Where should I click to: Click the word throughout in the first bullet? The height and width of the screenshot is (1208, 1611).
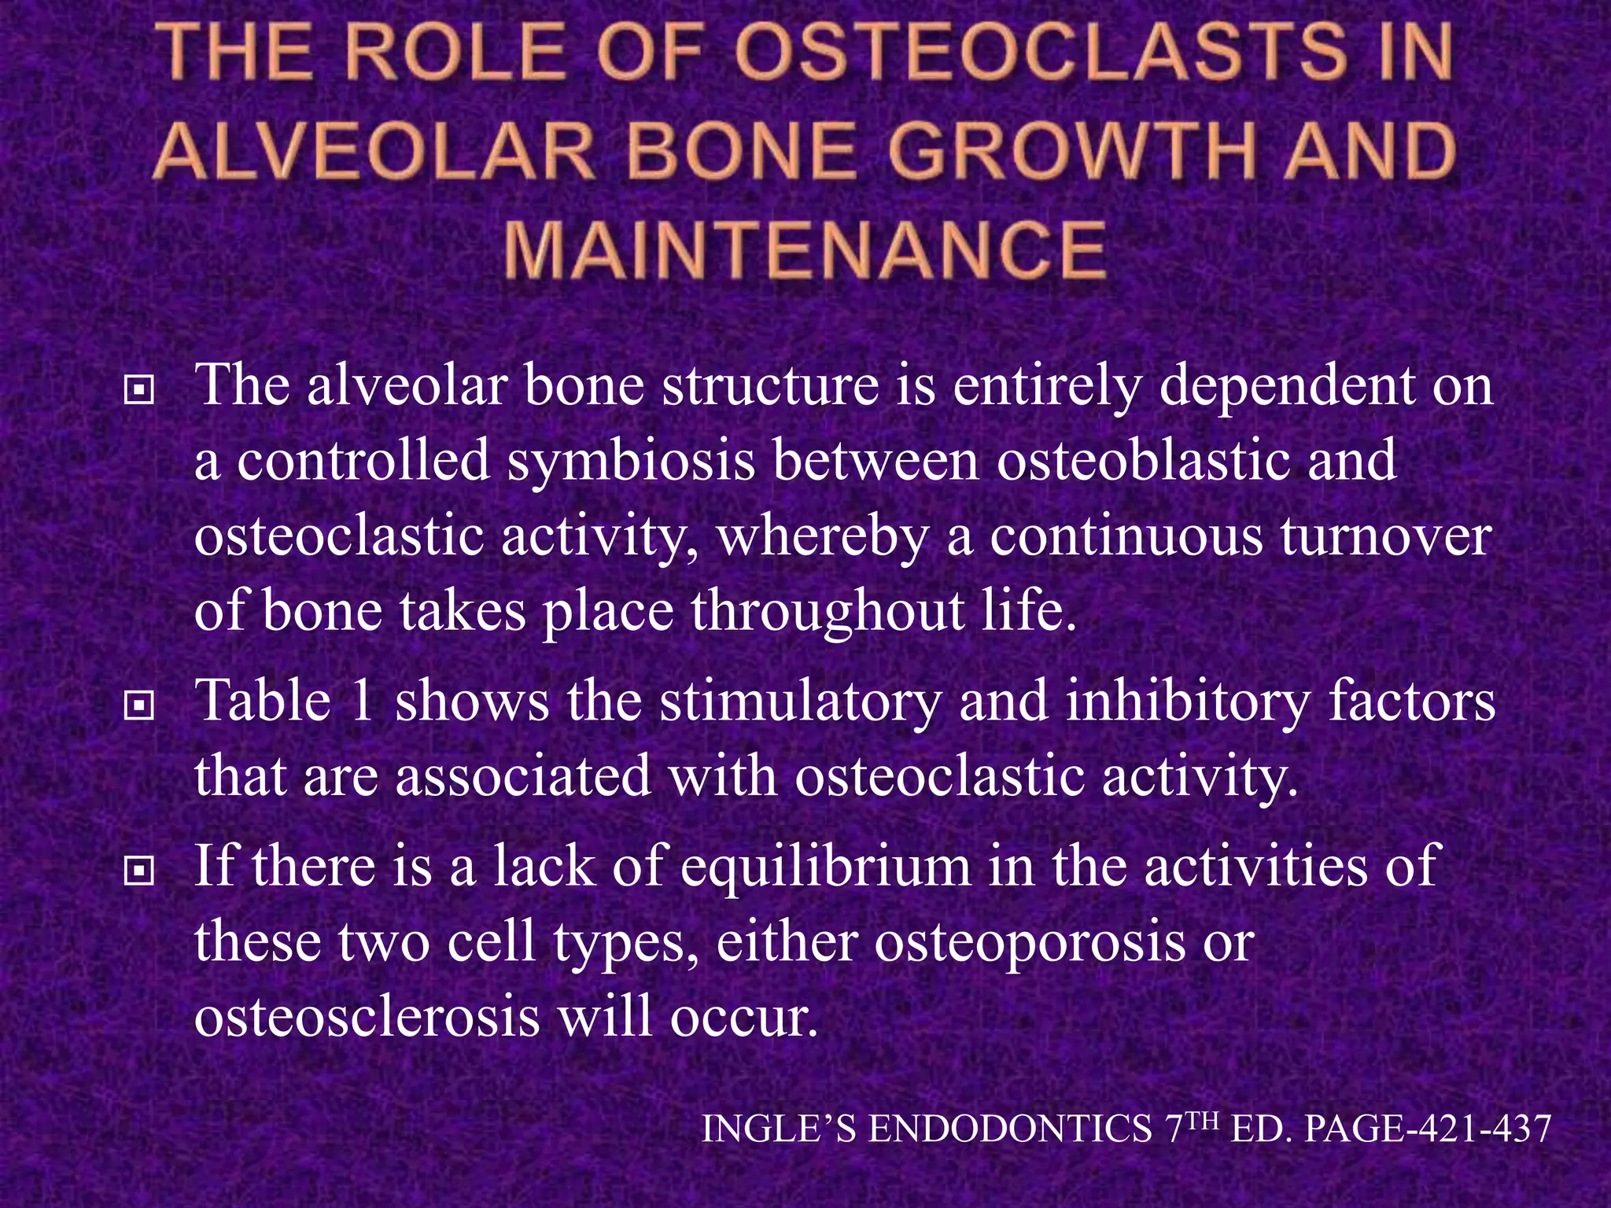[818, 612]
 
